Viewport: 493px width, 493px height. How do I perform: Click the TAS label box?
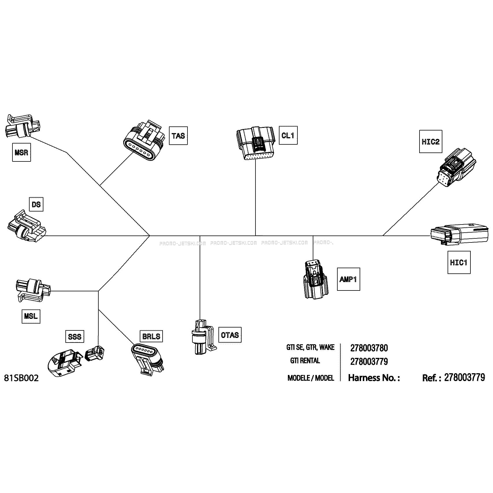178,136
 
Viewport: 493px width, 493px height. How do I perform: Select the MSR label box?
21,152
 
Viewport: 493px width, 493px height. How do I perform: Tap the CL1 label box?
288,135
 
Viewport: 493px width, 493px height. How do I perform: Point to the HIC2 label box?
431,141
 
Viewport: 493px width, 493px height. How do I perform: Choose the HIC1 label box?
459,262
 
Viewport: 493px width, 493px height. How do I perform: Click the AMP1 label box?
348,279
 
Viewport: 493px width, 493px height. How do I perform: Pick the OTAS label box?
230,335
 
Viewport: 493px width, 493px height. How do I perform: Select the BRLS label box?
151,336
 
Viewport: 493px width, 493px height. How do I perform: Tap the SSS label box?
75,337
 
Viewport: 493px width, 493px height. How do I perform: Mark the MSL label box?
31,316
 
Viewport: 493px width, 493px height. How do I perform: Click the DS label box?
36,205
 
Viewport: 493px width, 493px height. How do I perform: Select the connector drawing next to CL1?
255,143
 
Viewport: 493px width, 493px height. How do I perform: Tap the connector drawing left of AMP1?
315,279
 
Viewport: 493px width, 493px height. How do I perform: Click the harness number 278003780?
369,348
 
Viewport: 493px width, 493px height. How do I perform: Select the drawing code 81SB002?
21,378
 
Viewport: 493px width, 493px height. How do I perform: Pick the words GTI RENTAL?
305,361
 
